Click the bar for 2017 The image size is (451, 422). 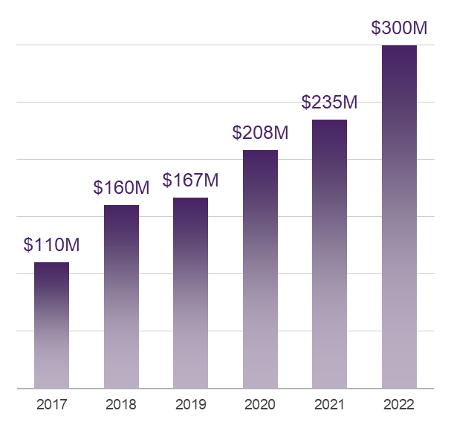[51, 325]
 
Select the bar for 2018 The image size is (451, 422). [121, 296]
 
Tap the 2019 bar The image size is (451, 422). [190, 293]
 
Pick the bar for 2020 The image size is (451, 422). [260, 269]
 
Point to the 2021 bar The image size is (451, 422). [329, 254]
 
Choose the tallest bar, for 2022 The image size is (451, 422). [399, 217]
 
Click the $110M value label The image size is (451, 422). [51, 244]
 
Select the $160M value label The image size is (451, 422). [121, 188]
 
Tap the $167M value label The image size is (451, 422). [190, 181]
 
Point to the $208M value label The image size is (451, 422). [260, 133]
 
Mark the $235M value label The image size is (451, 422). [329, 103]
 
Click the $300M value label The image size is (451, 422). [399, 29]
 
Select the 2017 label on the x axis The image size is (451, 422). [51, 405]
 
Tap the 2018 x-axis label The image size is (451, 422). [121, 405]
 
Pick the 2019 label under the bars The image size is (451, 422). [190, 405]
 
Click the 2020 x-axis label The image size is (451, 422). [260, 405]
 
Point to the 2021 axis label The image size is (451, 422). [329, 405]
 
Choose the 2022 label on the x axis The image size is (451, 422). [399, 405]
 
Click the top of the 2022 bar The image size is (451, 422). [399, 47]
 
